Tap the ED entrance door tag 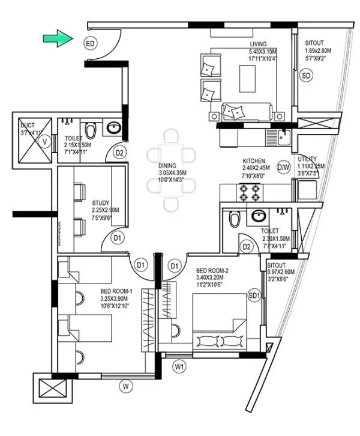point(90,44)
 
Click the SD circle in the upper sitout point(307,76)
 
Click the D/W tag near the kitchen point(284,168)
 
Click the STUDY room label point(100,202)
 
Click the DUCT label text point(28,125)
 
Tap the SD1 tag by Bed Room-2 point(255,296)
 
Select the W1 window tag point(179,366)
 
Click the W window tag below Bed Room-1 point(125,386)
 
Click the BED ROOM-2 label point(211,271)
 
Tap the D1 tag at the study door point(118,238)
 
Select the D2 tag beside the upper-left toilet point(119,153)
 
